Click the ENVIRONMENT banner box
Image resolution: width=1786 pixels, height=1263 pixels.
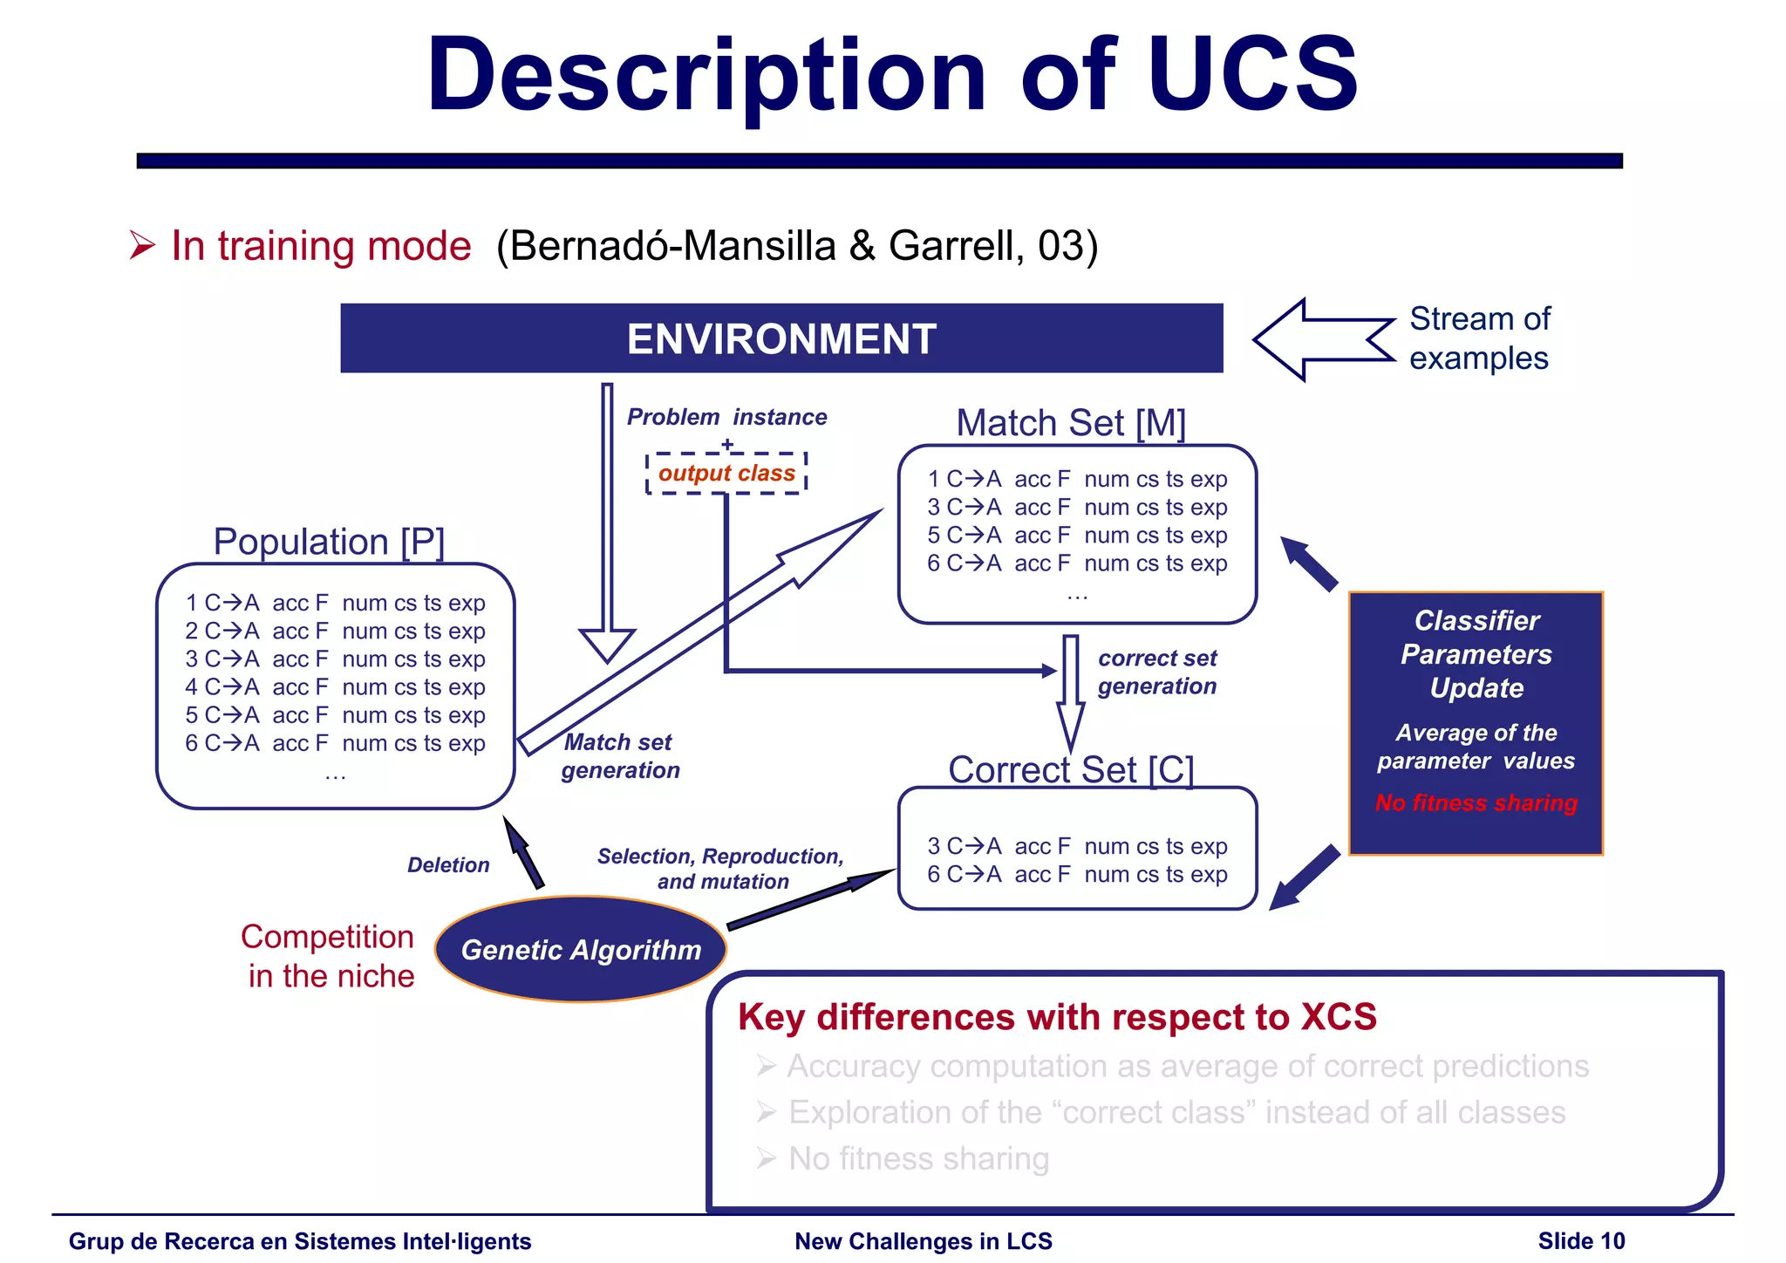pos(781,338)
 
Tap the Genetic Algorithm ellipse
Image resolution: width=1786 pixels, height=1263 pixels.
pos(581,949)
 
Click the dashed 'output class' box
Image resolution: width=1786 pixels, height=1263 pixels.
pos(726,474)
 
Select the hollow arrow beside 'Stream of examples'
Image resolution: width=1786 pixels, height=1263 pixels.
pos(1322,339)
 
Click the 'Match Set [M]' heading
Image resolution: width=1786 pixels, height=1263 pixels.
pos(1071,423)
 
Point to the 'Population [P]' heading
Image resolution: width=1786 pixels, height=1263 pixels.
pos(329,542)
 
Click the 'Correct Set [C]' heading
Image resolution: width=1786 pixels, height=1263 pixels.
pos(1071,769)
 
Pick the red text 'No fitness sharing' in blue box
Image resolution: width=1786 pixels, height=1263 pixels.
pos(1476,802)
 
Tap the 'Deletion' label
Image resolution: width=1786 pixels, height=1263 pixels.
pos(448,864)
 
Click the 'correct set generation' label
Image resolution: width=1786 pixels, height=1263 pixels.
pos(1156,672)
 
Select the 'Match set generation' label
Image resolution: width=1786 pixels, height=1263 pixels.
pos(619,756)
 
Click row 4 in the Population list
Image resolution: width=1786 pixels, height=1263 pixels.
pos(335,687)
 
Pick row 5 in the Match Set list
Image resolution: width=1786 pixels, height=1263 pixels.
pos(1077,535)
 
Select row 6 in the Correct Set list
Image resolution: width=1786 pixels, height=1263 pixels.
pos(1077,874)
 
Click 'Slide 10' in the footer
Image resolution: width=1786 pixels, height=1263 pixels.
pos(1581,1240)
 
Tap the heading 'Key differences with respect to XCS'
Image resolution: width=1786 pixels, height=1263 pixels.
pos(1057,1017)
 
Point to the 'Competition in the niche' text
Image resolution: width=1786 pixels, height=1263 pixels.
pos(328,956)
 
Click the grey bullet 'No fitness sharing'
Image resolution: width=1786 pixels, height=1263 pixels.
pos(918,1158)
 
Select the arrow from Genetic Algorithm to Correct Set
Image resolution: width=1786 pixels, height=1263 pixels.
pos(811,899)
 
